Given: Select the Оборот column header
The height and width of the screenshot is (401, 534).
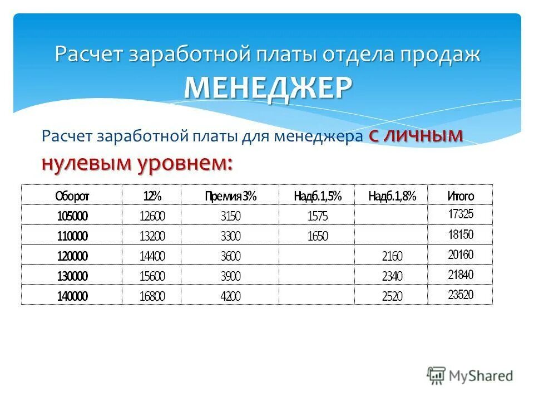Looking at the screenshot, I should point(72,195).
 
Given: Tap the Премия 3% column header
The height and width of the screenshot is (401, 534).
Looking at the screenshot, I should point(230,195).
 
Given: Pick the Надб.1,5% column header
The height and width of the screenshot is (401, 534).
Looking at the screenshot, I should point(317,195).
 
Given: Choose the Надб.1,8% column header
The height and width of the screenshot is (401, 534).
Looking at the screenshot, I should point(392,195).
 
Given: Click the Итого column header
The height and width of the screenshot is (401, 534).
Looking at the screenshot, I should point(461,195).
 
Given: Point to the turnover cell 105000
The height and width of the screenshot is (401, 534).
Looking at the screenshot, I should point(72,216).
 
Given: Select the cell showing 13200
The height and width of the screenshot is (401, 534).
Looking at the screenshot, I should point(152,236).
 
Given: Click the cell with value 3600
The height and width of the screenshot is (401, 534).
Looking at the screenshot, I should point(230,256).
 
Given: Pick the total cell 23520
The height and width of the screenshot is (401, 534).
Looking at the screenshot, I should point(461,295).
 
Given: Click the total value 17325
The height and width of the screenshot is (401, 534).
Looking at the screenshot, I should point(461,214).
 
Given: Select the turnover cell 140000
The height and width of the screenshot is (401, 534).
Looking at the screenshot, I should point(72,296).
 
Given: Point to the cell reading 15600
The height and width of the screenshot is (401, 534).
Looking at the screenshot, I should point(152,276).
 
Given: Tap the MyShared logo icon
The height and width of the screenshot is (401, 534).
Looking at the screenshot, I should point(437,375).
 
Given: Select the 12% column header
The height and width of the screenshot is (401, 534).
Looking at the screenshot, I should point(152,195).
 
